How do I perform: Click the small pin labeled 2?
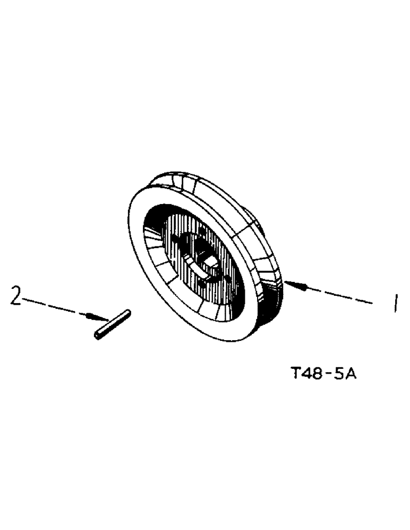coord(113,324)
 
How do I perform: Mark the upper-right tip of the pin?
coord(127,313)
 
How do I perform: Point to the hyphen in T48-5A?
coord(330,375)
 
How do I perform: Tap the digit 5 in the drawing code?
coord(340,375)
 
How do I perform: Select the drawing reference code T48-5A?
coord(324,375)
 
